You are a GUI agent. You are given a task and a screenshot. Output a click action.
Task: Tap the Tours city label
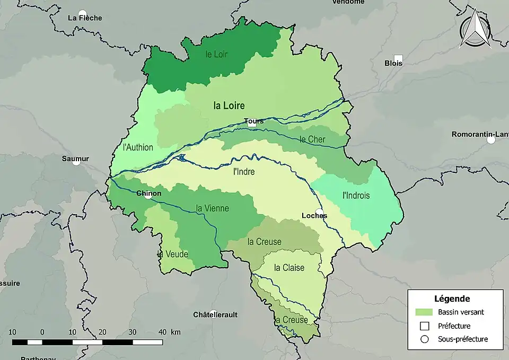254,121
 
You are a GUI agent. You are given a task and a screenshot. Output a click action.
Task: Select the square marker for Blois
398,58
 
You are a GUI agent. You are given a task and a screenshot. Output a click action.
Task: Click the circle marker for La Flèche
82,14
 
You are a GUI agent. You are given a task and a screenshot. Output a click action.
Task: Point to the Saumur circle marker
76,162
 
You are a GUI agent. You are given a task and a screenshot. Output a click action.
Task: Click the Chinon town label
148,194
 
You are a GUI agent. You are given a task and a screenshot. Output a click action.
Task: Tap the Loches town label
314,216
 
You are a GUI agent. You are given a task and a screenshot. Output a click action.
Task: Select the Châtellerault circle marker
213,313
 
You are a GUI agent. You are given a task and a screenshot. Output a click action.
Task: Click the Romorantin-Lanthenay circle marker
491,140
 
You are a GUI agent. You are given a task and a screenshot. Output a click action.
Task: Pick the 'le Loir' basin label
216,54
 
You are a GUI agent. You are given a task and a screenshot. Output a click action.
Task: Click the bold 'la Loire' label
229,106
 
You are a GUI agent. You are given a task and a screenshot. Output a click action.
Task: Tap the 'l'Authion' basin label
137,147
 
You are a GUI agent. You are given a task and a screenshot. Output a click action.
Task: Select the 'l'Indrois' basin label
356,196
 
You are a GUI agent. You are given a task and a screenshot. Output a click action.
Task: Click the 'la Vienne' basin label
212,208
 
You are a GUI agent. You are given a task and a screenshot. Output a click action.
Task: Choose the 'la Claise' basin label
289,268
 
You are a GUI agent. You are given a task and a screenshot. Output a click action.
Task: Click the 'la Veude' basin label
173,254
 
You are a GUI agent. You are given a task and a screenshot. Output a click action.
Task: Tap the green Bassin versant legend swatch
424,312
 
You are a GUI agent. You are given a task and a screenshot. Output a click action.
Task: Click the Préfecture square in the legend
424,326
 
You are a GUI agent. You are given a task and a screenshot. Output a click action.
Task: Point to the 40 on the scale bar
163,332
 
